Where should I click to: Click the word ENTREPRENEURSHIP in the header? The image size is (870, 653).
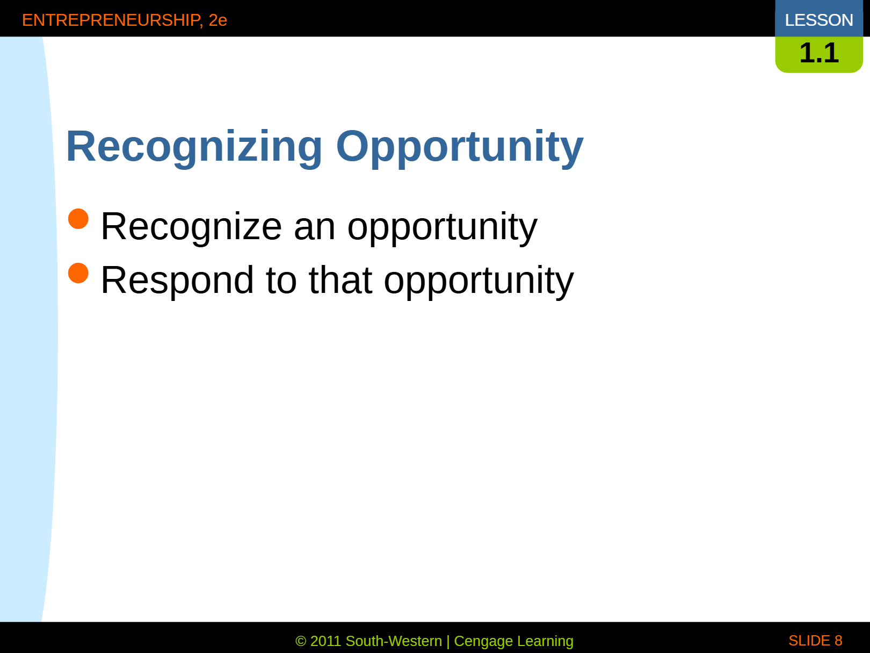pyautogui.click(x=112, y=20)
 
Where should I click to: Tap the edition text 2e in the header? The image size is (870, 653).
pyautogui.click(x=218, y=20)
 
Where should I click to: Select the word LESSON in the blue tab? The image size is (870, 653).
pyautogui.click(x=819, y=20)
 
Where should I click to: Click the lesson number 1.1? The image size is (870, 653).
pyautogui.click(x=819, y=53)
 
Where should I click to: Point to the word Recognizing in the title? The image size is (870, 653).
pyautogui.click(x=194, y=147)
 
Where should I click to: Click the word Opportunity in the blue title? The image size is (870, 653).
pyautogui.click(x=460, y=147)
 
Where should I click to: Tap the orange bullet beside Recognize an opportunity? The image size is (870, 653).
pyautogui.click(x=78, y=219)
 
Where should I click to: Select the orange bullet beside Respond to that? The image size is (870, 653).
pyautogui.click(x=78, y=273)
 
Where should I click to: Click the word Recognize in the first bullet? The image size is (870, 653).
pyautogui.click(x=191, y=227)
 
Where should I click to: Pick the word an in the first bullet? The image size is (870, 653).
pyautogui.click(x=315, y=230)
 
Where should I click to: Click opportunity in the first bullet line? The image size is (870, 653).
pyautogui.click(x=443, y=228)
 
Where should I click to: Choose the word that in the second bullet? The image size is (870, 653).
pyautogui.click(x=340, y=280)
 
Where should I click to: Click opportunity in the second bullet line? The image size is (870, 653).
pyautogui.click(x=479, y=282)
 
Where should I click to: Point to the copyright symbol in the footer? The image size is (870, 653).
pyautogui.click(x=301, y=641)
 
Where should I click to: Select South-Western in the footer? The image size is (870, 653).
pyautogui.click(x=394, y=641)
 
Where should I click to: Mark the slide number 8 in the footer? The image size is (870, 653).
pyautogui.click(x=838, y=641)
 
